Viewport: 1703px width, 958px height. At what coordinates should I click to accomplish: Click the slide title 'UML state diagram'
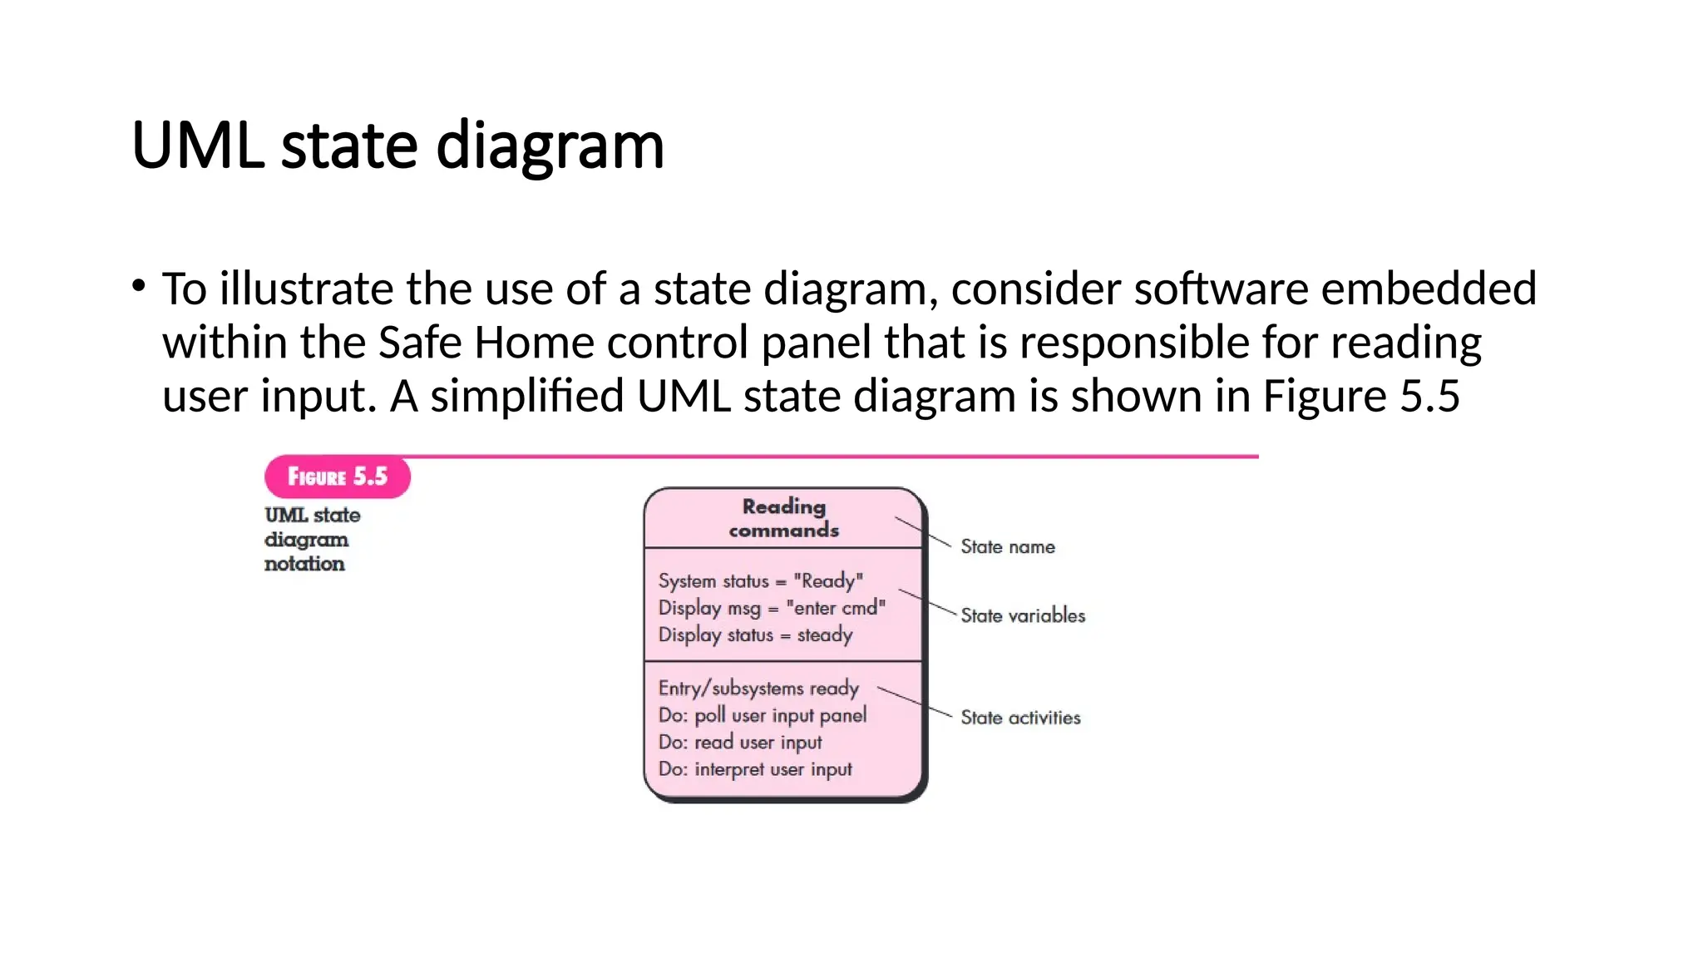click(397, 146)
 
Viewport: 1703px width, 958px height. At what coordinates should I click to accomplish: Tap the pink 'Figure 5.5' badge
click(337, 477)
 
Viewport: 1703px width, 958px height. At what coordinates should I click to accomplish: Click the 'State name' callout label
click(1007, 547)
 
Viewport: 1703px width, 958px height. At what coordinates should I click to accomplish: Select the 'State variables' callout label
click(1022, 616)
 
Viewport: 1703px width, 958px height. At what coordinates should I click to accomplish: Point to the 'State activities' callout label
click(1019, 718)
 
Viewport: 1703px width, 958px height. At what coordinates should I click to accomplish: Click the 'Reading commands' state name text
click(783, 518)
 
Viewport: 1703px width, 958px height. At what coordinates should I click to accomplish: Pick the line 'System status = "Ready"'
click(760, 580)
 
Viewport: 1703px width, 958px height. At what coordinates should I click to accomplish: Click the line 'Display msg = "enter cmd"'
click(771, 608)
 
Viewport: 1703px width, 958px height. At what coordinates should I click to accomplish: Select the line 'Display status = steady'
click(755, 635)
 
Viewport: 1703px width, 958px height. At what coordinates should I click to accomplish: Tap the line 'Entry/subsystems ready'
click(758, 689)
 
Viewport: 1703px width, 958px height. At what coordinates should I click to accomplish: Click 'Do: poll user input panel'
click(762, 715)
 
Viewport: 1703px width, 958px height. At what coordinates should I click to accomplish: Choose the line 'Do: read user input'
click(739, 742)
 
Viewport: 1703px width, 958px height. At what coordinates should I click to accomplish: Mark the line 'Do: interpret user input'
click(754, 769)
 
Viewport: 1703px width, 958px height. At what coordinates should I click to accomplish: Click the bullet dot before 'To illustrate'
click(139, 287)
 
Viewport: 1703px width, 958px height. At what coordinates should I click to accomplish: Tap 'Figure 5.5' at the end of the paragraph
click(1360, 396)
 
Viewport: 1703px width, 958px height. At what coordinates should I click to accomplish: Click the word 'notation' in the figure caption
click(304, 564)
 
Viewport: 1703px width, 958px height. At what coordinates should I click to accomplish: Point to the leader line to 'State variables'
click(926, 602)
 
